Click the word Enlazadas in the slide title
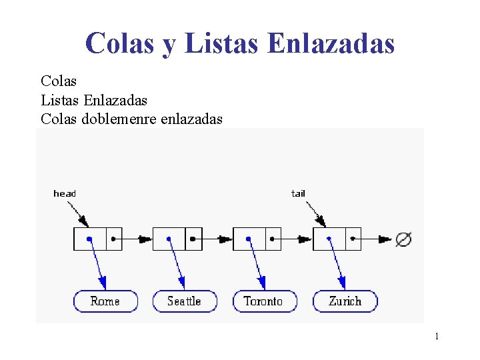coord(331,43)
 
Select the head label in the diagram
coord(65,193)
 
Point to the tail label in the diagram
coord(298,193)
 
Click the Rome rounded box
coord(105,301)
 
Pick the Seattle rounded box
coord(185,301)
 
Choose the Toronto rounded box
coord(264,301)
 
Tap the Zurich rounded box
coord(345,301)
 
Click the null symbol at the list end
coord(403,239)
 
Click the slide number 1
coord(437,336)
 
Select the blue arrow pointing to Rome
coord(97,263)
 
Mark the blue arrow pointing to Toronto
coord(257,263)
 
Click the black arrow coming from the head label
coord(77,213)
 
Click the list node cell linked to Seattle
coord(169,239)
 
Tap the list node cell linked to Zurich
coord(329,239)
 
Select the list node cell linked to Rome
coord(89,239)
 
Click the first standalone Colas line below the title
coord(59,81)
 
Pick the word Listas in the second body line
coord(60,100)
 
